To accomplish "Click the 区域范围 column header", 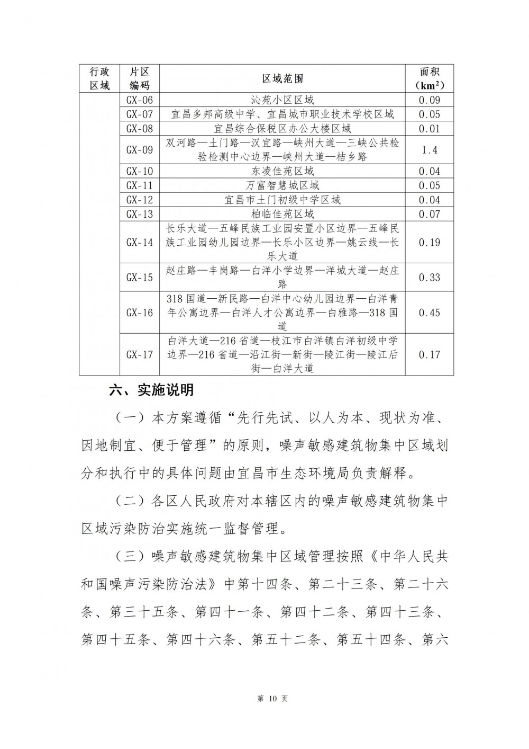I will click(x=282, y=79).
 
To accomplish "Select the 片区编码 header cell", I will click(x=140, y=79).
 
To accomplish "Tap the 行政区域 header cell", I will click(x=99, y=79).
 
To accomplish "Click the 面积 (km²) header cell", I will click(x=430, y=79).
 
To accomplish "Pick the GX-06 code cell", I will click(x=140, y=100).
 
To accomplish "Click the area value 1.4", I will click(x=430, y=150).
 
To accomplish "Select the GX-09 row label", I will click(x=140, y=150).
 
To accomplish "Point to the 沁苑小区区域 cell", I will click(x=282, y=100).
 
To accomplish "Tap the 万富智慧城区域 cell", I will click(x=282, y=185).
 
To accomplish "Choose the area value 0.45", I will click(x=430, y=313).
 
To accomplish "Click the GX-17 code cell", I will click(x=140, y=354).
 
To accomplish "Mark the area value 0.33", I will click(x=430, y=278).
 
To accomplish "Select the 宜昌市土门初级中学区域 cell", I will click(x=282, y=200).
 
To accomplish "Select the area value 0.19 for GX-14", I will click(x=430, y=242).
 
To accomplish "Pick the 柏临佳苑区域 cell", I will click(x=282, y=214).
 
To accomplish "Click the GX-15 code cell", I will click(x=140, y=278).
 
